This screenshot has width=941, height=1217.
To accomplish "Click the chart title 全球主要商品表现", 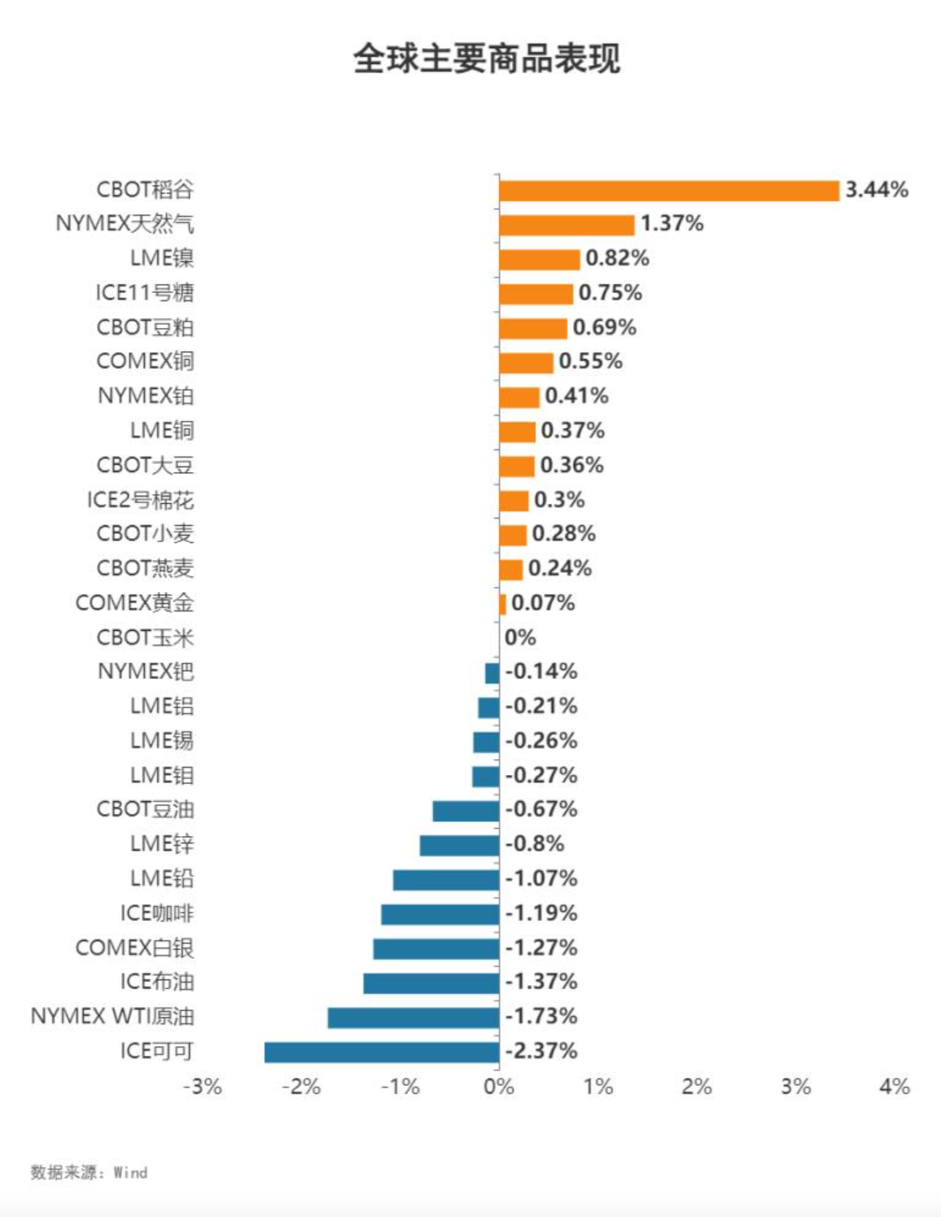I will coord(487,59).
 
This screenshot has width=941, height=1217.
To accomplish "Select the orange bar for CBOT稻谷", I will coord(668,190).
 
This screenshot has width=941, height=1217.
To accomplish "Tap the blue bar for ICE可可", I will coord(381,1052).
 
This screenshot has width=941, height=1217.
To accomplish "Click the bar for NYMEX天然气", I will coord(567,225).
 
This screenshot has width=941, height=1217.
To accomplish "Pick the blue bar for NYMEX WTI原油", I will coord(413,1018).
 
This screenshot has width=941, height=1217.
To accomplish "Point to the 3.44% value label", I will coord(877,190).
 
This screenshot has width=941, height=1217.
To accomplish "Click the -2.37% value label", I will coord(541,1051).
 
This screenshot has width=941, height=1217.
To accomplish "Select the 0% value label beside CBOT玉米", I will coord(520,637).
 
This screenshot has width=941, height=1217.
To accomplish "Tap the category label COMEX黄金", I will coord(134,603).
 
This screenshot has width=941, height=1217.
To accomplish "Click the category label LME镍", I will coord(162,258).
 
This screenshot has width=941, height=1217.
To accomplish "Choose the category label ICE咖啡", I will coord(157,913).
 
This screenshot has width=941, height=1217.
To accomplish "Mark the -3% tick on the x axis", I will coord(203,1087).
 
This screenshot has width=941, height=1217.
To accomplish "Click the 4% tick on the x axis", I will coord(895,1087).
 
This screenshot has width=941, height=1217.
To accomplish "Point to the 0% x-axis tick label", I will coord(498,1087).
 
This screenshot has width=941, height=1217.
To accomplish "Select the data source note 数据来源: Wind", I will coord(89,1172).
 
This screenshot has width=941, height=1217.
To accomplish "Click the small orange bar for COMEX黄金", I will coord(502,604).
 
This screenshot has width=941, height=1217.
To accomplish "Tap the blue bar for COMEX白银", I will coord(435,948).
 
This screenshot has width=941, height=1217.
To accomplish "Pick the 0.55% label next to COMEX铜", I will coord(590,361).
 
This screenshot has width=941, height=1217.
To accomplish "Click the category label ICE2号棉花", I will coord(140,500).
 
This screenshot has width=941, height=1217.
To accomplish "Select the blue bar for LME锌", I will coord(459,845).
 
